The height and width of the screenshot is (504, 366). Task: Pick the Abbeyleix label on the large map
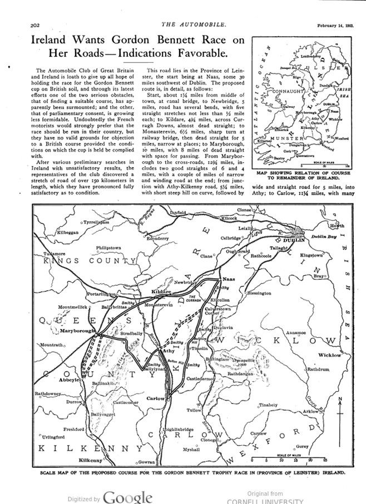coord(70,380)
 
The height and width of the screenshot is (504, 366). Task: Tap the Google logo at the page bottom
coord(127,496)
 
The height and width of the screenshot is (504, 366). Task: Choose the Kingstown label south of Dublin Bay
coord(311,255)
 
